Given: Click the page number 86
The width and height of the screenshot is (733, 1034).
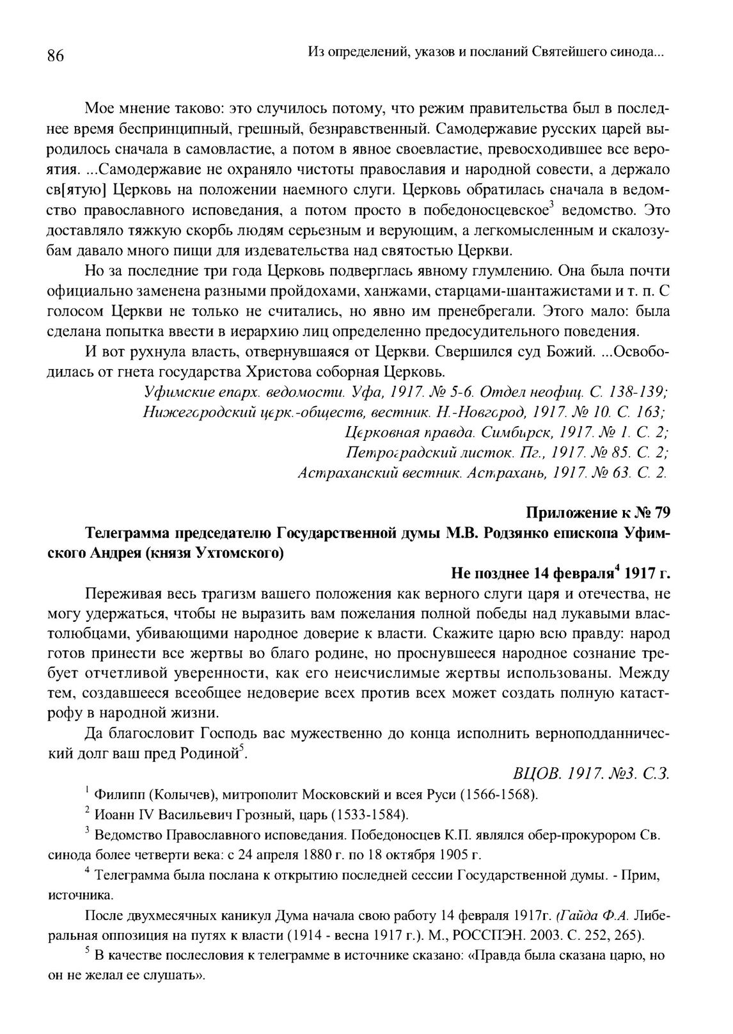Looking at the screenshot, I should pos(56,56).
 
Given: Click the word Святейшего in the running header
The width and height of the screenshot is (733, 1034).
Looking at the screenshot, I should pos(567,51).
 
